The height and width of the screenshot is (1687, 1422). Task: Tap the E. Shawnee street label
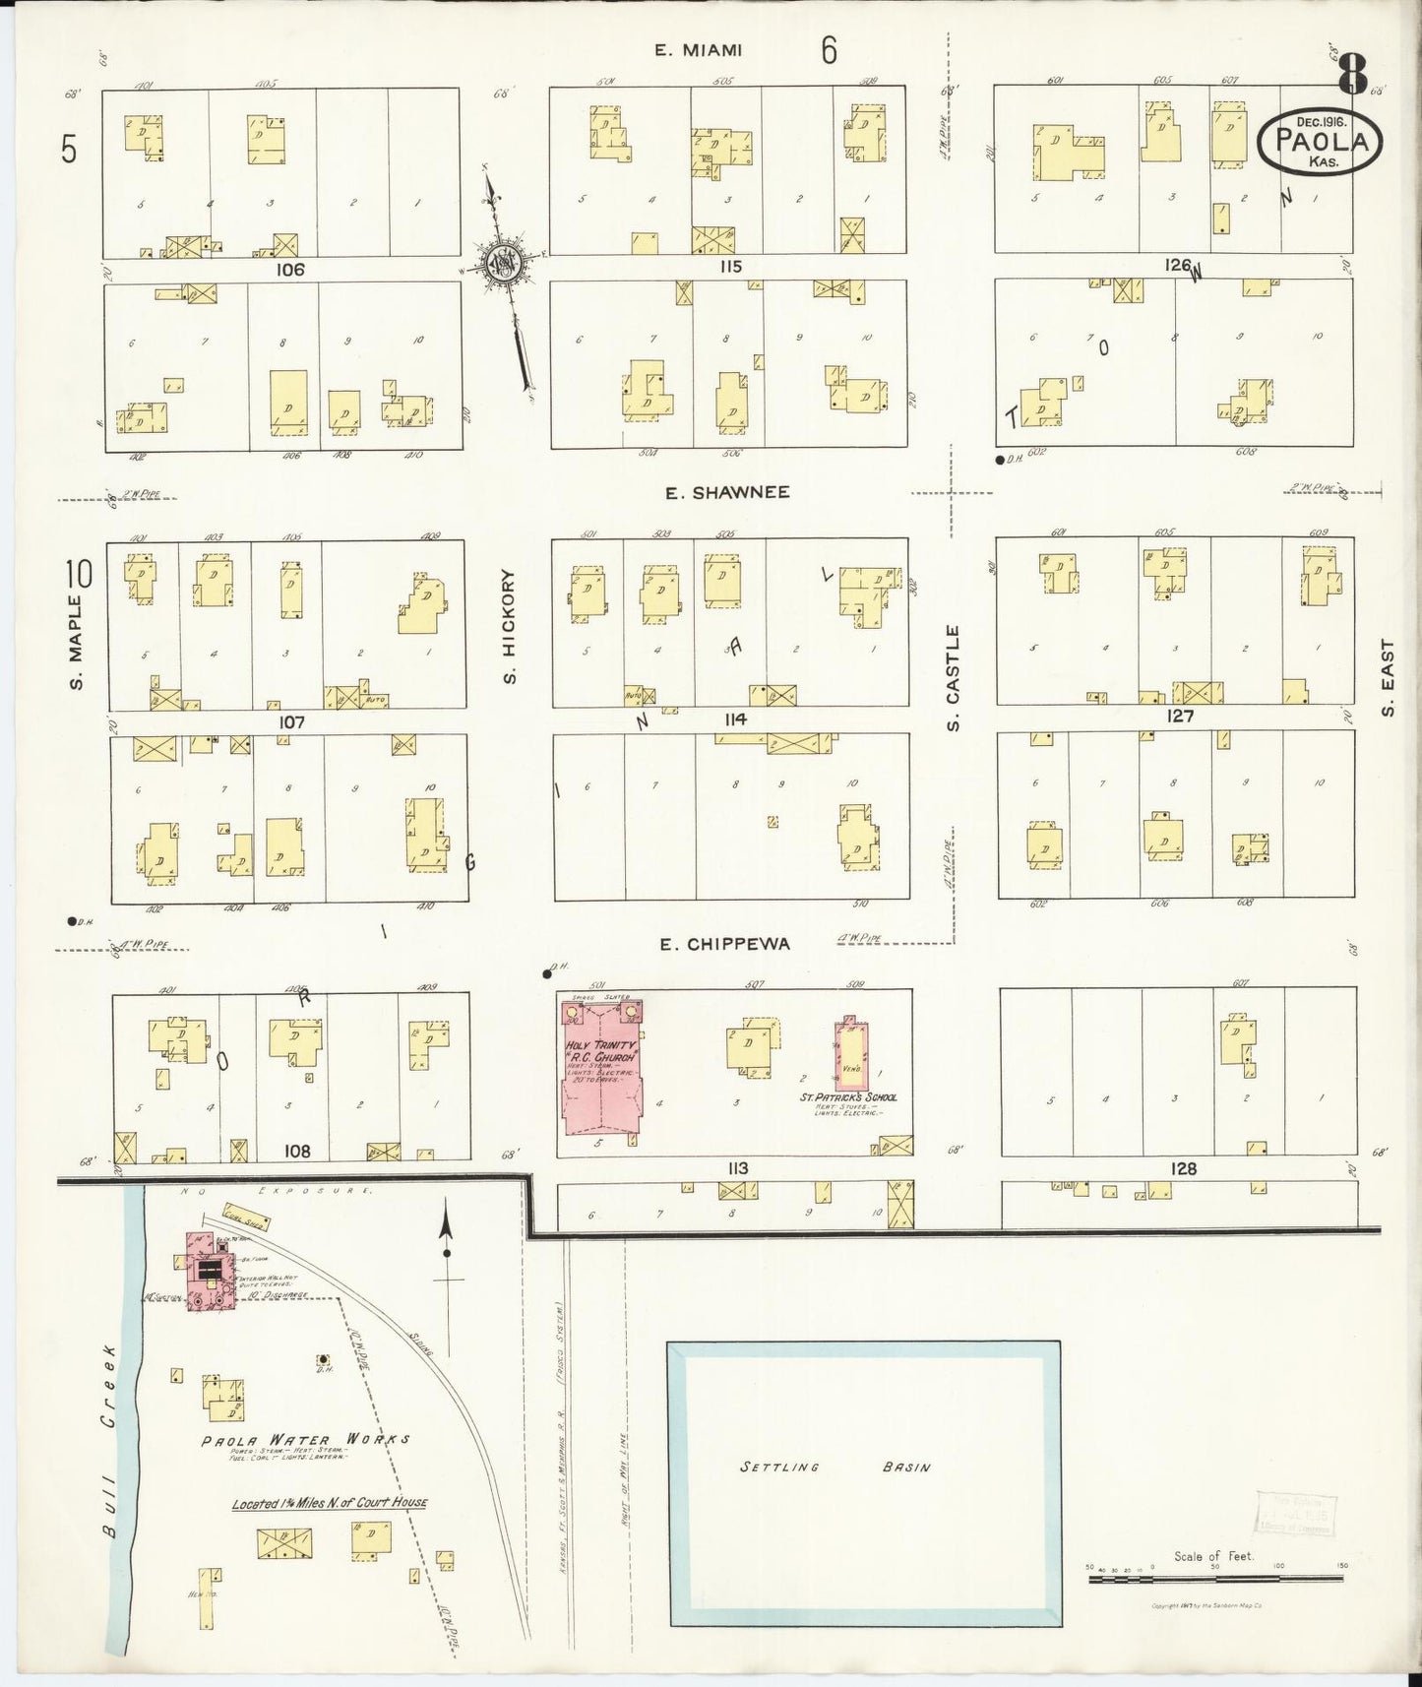727,492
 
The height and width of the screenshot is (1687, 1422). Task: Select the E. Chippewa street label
724,945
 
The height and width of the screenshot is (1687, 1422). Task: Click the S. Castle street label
952,678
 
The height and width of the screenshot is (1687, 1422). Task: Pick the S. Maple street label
77,641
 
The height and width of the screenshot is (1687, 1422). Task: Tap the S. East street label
1388,679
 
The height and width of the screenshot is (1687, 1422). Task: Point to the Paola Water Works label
305,1439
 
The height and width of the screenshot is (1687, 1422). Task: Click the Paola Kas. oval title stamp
1317,142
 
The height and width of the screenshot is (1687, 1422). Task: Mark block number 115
728,267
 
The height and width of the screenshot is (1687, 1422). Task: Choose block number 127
1179,717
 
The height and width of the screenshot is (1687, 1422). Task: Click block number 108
296,1151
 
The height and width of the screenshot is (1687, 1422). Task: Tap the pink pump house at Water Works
207,1273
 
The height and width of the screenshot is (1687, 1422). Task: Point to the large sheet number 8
1353,74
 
